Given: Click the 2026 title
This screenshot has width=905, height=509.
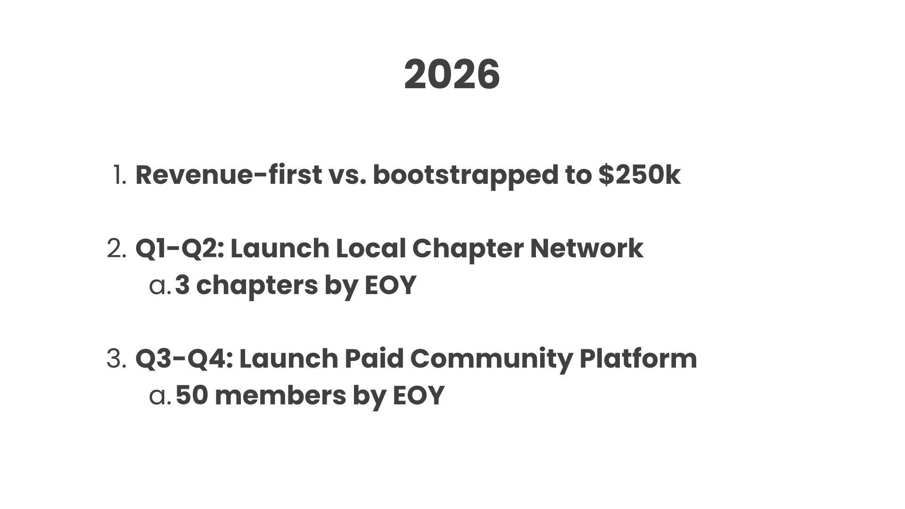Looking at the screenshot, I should (x=452, y=75).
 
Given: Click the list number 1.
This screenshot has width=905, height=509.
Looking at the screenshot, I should (x=120, y=175).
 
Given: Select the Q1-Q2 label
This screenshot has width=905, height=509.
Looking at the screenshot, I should (x=180, y=249).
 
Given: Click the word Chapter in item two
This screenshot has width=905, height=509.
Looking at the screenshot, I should (x=468, y=249).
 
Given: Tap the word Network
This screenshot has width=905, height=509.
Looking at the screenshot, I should (x=586, y=249).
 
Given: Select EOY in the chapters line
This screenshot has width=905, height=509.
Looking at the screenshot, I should (x=390, y=286).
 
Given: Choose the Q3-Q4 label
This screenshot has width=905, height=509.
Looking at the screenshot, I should (x=184, y=359).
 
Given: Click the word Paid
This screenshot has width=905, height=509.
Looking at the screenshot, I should (x=374, y=359).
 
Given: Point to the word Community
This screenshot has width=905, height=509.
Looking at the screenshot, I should (x=492, y=359).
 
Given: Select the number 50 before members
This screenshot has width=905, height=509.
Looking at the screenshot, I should (x=192, y=395).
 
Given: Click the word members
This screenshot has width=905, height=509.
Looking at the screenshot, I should (x=280, y=395).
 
